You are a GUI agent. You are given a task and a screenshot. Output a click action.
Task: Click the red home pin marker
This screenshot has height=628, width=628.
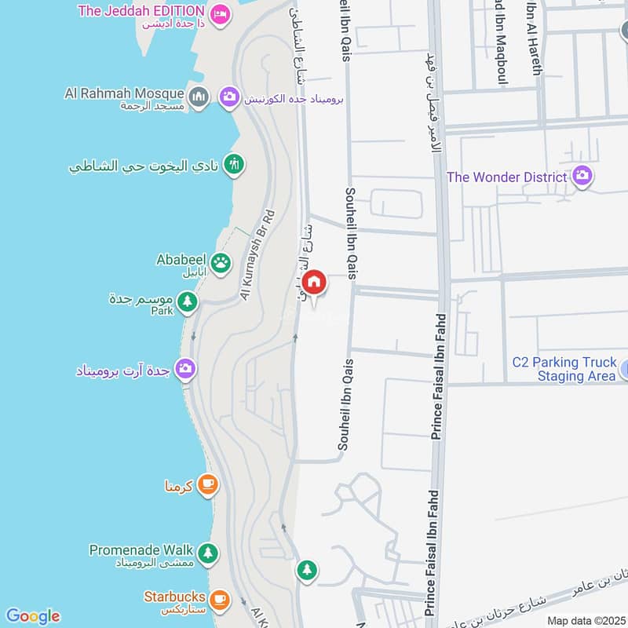314,283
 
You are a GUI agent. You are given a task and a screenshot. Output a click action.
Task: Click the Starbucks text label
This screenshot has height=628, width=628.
174,597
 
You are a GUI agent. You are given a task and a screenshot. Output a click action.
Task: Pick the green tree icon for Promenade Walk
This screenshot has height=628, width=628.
207,553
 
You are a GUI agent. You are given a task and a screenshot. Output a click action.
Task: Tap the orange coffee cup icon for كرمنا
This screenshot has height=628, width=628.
207,485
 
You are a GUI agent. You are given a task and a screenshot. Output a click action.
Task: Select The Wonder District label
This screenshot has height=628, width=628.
506,177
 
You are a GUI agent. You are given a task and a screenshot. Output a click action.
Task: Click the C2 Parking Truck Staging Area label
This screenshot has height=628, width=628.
564,369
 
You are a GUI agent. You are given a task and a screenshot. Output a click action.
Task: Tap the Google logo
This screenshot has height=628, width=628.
32,616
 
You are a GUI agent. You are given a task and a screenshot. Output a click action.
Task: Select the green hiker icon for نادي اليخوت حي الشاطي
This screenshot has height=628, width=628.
233,165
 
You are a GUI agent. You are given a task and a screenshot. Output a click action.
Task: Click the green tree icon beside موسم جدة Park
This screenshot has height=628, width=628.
187,301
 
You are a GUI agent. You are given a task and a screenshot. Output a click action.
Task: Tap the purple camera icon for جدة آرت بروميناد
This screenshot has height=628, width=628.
185,368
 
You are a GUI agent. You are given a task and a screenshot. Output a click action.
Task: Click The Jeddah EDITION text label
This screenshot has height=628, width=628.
141,12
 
